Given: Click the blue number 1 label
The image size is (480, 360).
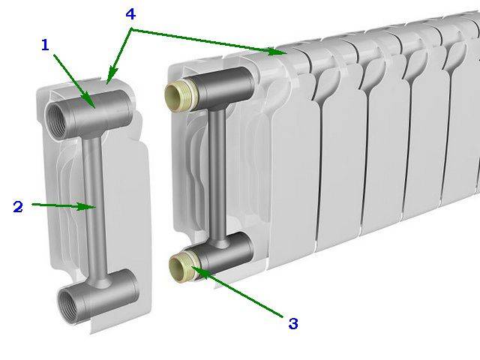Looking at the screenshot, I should [45, 45].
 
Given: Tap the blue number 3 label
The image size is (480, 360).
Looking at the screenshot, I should [293, 324].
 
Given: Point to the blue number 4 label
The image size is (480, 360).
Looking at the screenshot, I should [131, 15].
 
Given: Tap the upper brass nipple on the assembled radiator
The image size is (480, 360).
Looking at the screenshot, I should [174, 94].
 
